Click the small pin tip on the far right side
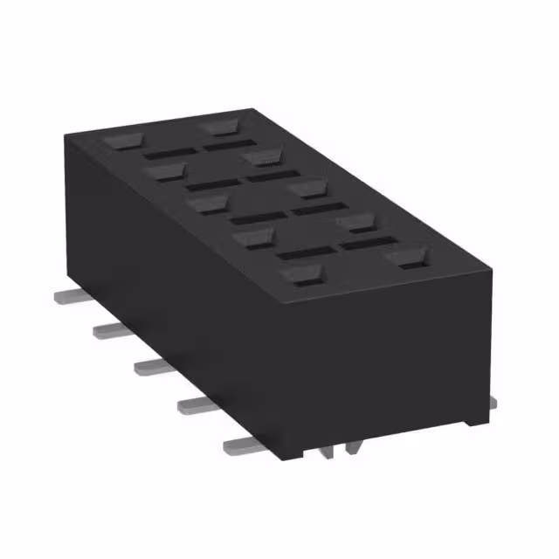click(x=493, y=401)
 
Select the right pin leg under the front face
click(x=353, y=447)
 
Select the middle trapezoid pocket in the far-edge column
click(x=308, y=188)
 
